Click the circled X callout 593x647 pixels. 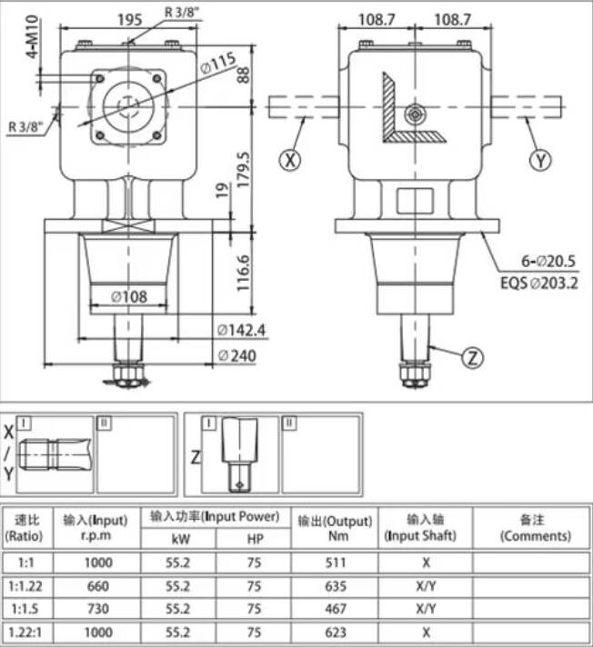(x=290, y=160)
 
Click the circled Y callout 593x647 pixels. (x=540, y=160)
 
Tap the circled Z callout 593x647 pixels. (x=472, y=357)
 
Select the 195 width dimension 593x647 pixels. (x=130, y=19)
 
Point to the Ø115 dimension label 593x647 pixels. (x=218, y=63)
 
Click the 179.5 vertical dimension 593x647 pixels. (x=243, y=170)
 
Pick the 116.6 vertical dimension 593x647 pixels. (x=243, y=273)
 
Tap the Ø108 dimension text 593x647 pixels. (x=129, y=296)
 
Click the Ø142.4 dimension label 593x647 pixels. (x=242, y=330)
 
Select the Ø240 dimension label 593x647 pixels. (x=237, y=355)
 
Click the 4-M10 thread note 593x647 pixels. (x=32, y=36)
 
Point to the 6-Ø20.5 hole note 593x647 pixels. (x=548, y=261)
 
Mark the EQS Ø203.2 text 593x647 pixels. (x=539, y=284)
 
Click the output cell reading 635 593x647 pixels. (x=335, y=586)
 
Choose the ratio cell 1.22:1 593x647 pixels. (x=25, y=632)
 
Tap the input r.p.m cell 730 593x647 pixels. (x=98, y=609)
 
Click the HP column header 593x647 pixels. (x=255, y=539)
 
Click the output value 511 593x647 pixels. (x=335, y=562)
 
